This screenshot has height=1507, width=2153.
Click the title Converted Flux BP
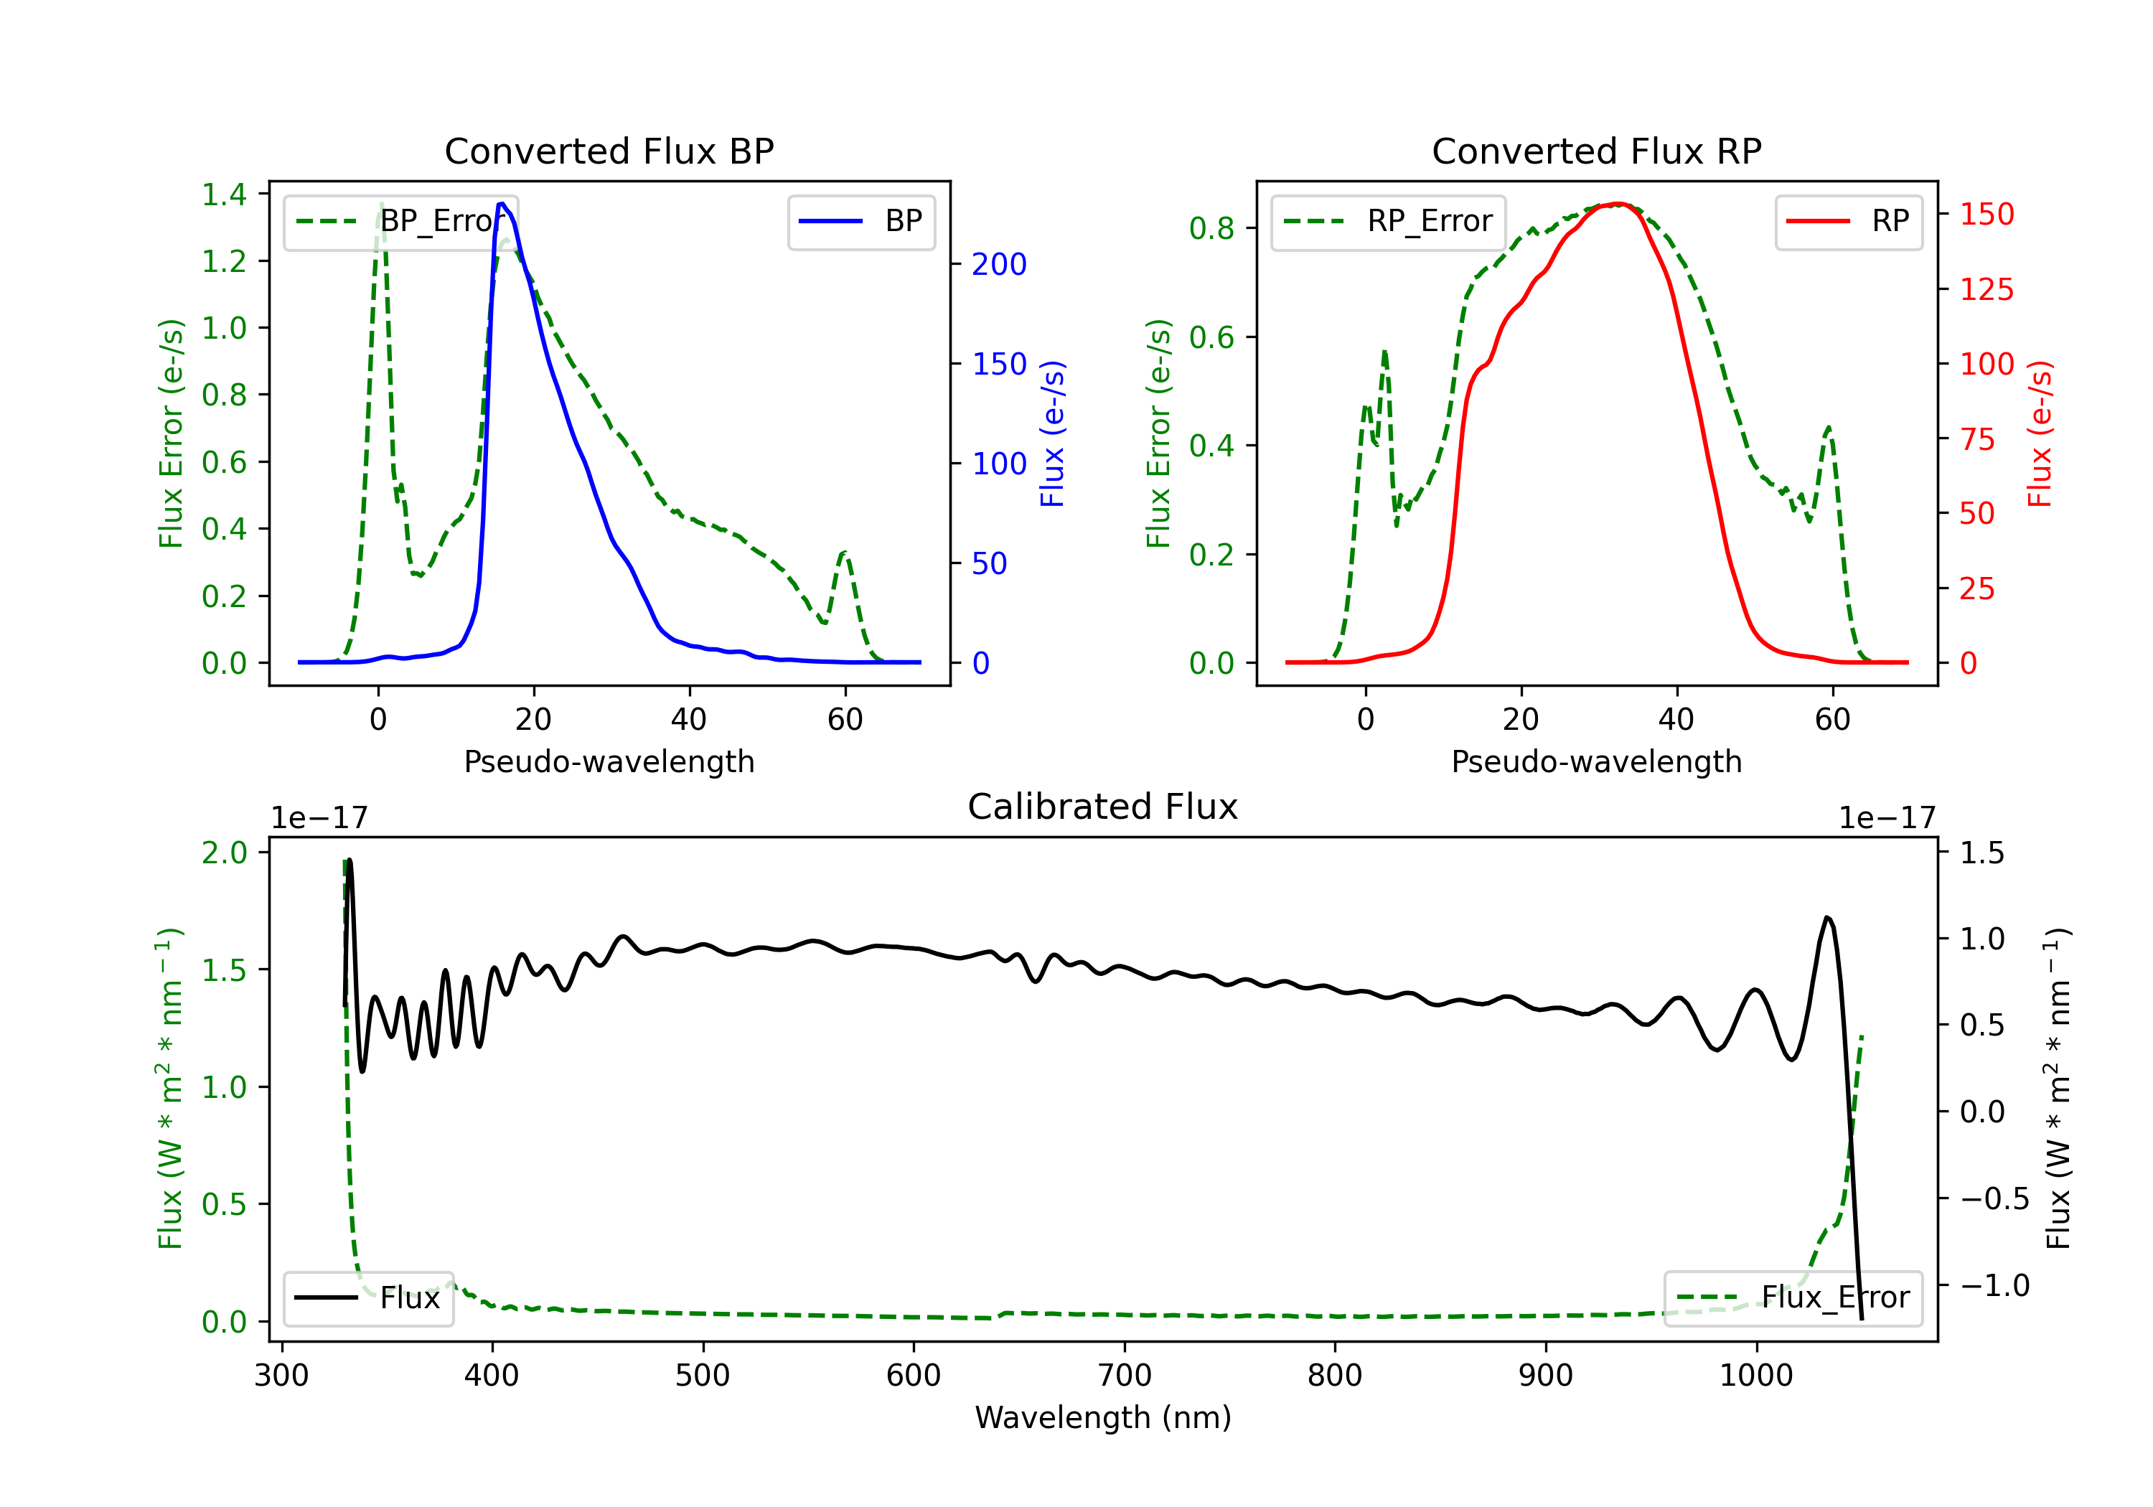coord(609,151)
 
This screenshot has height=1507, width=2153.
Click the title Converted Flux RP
coord(1596,151)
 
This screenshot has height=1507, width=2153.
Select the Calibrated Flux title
coord(1102,807)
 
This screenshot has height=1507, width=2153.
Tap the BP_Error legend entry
coord(401,221)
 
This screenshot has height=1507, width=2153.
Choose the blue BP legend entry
coord(860,221)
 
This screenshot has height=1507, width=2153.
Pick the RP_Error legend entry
coord(1388,221)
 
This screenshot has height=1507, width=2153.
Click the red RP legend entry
coord(1847,221)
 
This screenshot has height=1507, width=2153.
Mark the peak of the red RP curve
coord(1618,204)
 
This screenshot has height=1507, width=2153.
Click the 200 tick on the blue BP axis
coord(999,265)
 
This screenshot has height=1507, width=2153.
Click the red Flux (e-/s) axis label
coord(2040,433)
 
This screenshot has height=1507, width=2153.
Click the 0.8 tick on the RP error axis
coord(1211,228)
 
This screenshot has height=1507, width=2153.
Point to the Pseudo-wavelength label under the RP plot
coord(1596,761)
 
